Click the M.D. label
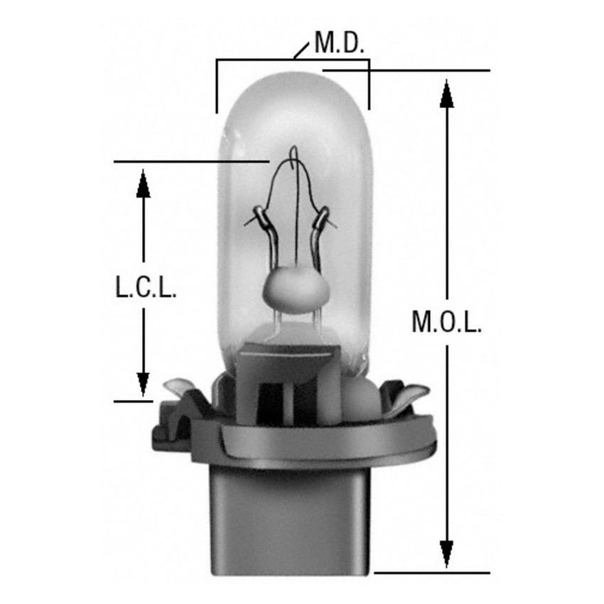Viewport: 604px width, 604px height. (340, 45)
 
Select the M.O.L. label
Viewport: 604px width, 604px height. (447, 323)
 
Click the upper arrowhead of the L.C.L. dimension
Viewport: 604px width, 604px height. (144, 183)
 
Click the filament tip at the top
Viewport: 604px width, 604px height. (293, 153)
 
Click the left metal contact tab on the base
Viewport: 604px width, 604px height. (176, 390)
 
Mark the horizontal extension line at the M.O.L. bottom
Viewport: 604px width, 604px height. (432, 572)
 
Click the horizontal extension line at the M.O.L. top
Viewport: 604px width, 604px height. (426, 70)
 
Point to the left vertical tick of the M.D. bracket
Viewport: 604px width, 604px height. (216, 89)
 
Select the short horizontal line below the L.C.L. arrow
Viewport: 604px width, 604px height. (133, 401)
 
